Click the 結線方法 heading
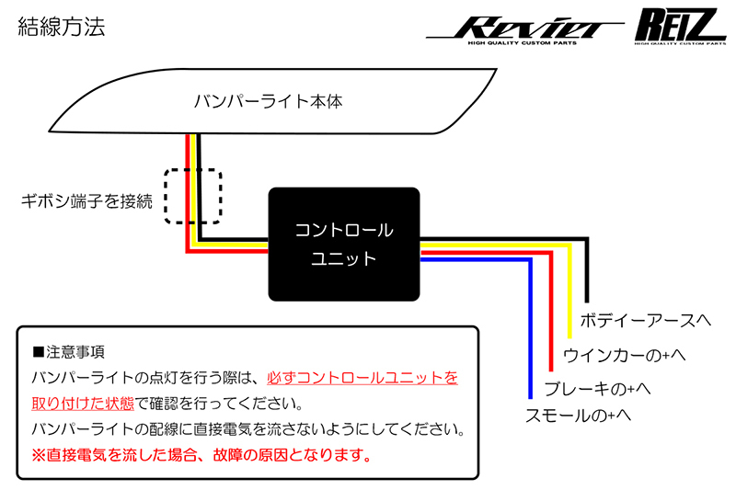tap(62, 27)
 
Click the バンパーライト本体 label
tap(268, 101)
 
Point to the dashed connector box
tap(193, 196)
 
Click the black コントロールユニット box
tap(344, 244)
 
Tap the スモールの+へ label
tap(578, 416)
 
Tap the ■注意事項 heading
tap(70, 352)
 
